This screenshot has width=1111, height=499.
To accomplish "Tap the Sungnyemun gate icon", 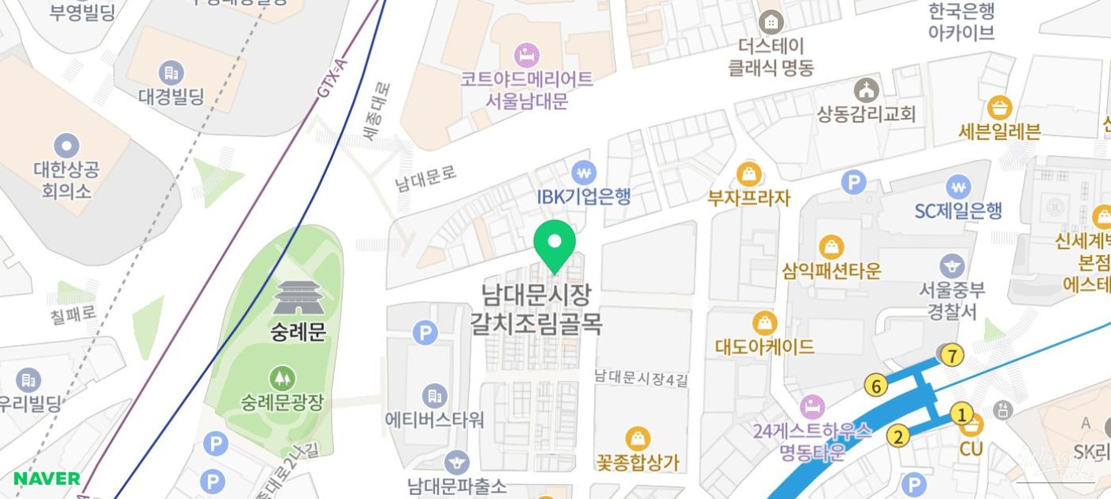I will coord(299,298).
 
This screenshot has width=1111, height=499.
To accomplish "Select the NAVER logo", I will coord(46,479).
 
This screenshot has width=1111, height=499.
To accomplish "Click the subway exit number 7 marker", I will coord(953,356).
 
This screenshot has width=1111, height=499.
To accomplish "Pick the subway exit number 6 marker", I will coord(875,386).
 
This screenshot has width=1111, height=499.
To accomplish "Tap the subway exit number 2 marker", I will coord(897,435).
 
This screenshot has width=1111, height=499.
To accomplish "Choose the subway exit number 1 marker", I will coord(961,413).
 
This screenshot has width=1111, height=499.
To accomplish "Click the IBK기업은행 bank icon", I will coord(583,172).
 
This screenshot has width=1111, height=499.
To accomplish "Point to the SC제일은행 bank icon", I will coord(958,187).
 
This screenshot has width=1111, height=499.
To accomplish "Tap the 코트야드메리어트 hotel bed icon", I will coord(526,55).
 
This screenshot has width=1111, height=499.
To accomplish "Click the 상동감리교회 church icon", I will coord(867,90).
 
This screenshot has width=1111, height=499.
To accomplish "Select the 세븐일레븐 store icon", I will coord(1000,106).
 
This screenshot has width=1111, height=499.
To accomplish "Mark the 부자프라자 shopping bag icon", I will coord(749,173).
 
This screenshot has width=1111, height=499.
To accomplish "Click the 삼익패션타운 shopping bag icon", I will coord(831,247).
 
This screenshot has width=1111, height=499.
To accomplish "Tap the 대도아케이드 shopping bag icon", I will coord(764,323).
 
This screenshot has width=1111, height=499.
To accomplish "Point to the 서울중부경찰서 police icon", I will coord(952,265).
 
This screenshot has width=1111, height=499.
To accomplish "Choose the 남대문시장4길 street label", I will coord(641,379).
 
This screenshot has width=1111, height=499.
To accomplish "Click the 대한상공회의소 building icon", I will coord(67,145).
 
